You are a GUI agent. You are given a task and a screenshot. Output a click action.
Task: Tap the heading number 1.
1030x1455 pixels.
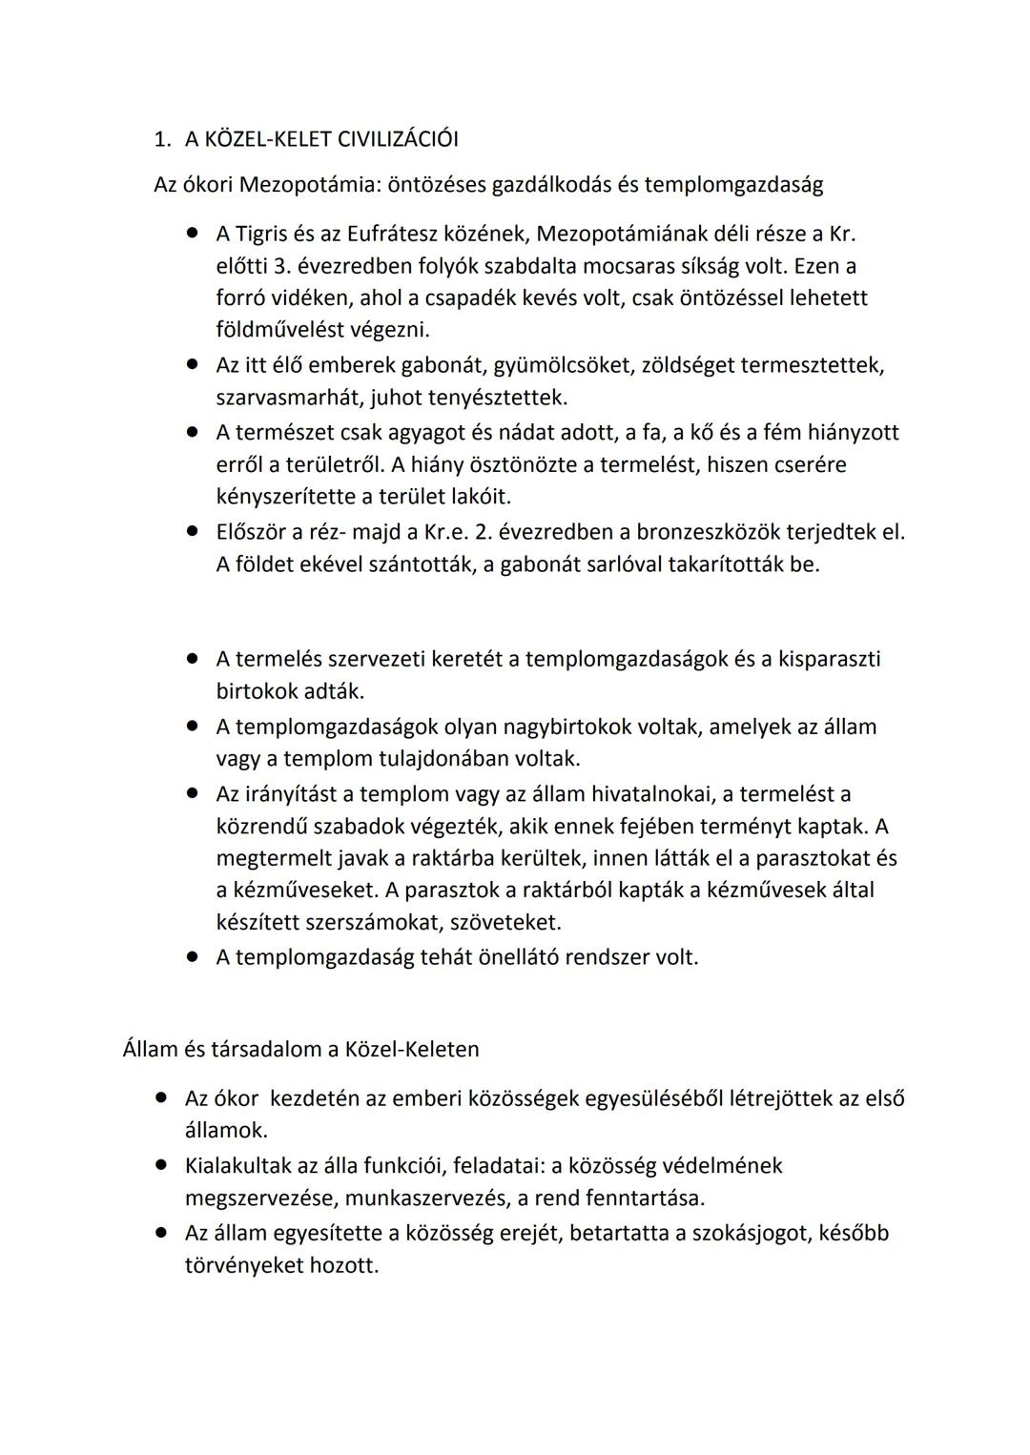(160, 139)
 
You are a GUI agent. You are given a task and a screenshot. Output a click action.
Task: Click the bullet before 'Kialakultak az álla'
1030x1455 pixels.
(162, 1164)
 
